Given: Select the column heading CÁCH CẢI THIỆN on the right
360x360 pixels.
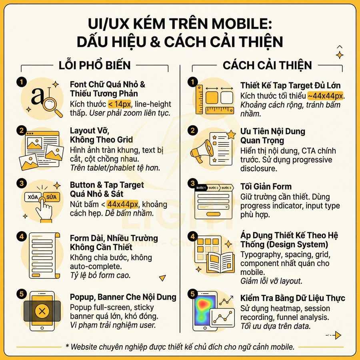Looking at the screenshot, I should (268, 65).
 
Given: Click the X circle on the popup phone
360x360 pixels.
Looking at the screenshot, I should (42, 311).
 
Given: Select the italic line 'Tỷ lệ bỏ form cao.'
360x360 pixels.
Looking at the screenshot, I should (100, 276).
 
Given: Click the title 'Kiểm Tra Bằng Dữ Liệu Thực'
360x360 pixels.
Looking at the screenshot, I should (293, 298).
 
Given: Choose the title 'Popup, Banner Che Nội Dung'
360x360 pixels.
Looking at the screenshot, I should (123, 297).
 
